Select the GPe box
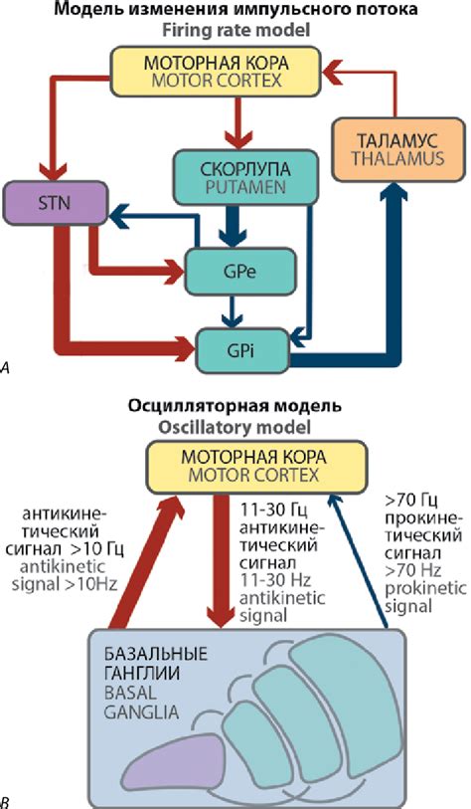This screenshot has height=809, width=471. (x=232, y=269)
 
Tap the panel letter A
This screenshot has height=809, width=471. (x=7, y=368)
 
